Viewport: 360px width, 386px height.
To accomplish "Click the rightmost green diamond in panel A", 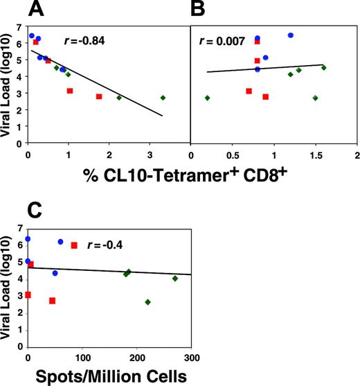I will click(x=163, y=98).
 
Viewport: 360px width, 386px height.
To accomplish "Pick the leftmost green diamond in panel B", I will click(x=207, y=98).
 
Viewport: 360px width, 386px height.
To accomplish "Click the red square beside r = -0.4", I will click(x=74, y=245).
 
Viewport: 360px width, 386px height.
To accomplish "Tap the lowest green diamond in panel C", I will click(x=147, y=302).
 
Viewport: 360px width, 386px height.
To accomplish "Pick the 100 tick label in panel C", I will click(x=82, y=358).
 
